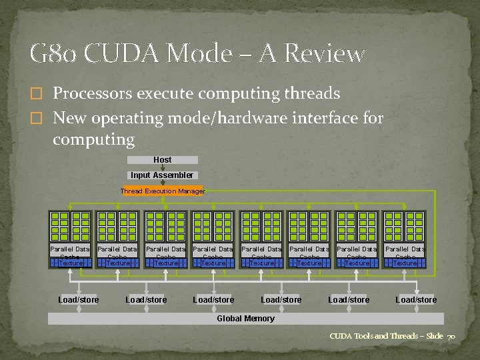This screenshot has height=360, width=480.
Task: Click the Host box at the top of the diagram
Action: (x=162, y=160)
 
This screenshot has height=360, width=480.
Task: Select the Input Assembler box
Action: (x=162, y=175)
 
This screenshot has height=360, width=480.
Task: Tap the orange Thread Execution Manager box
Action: (x=162, y=191)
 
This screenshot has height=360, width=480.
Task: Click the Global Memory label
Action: (x=245, y=319)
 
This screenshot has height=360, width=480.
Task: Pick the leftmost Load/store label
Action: (x=78, y=300)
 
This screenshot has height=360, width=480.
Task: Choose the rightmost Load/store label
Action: (x=416, y=300)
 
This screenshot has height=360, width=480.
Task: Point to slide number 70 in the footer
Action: (x=451, y=336)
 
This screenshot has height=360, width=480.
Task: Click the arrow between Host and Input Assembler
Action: (x=162, y=167)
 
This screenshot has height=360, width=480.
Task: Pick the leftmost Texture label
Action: (x=70, y=263)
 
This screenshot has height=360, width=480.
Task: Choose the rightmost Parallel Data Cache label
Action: (x=405, y=253)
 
